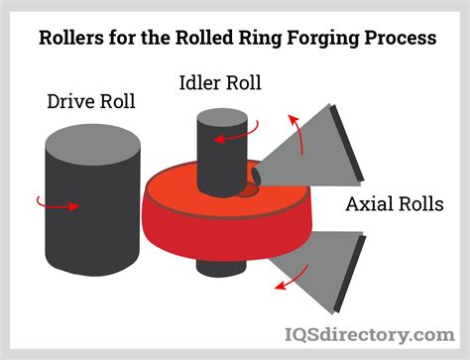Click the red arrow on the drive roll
(x=59, y=204)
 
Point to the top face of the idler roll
(x=216, y=113)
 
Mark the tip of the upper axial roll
(x=257, y=177)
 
